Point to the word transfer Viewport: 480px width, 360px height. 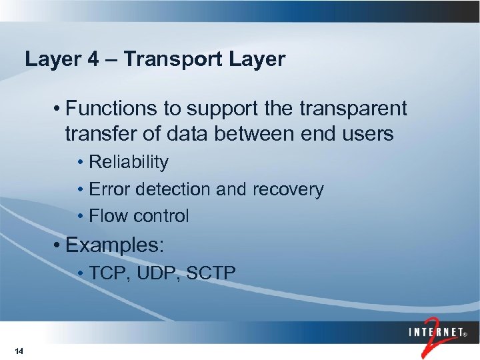(x=99, y=134)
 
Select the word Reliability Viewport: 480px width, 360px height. (x=129, y=162)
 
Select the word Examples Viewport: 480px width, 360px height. (x=114, y=245)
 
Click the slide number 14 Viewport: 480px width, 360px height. (x=19, y=351)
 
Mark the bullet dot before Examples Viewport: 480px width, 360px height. (x=59, y=245)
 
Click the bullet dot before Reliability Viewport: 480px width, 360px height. (x=81, y=163)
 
